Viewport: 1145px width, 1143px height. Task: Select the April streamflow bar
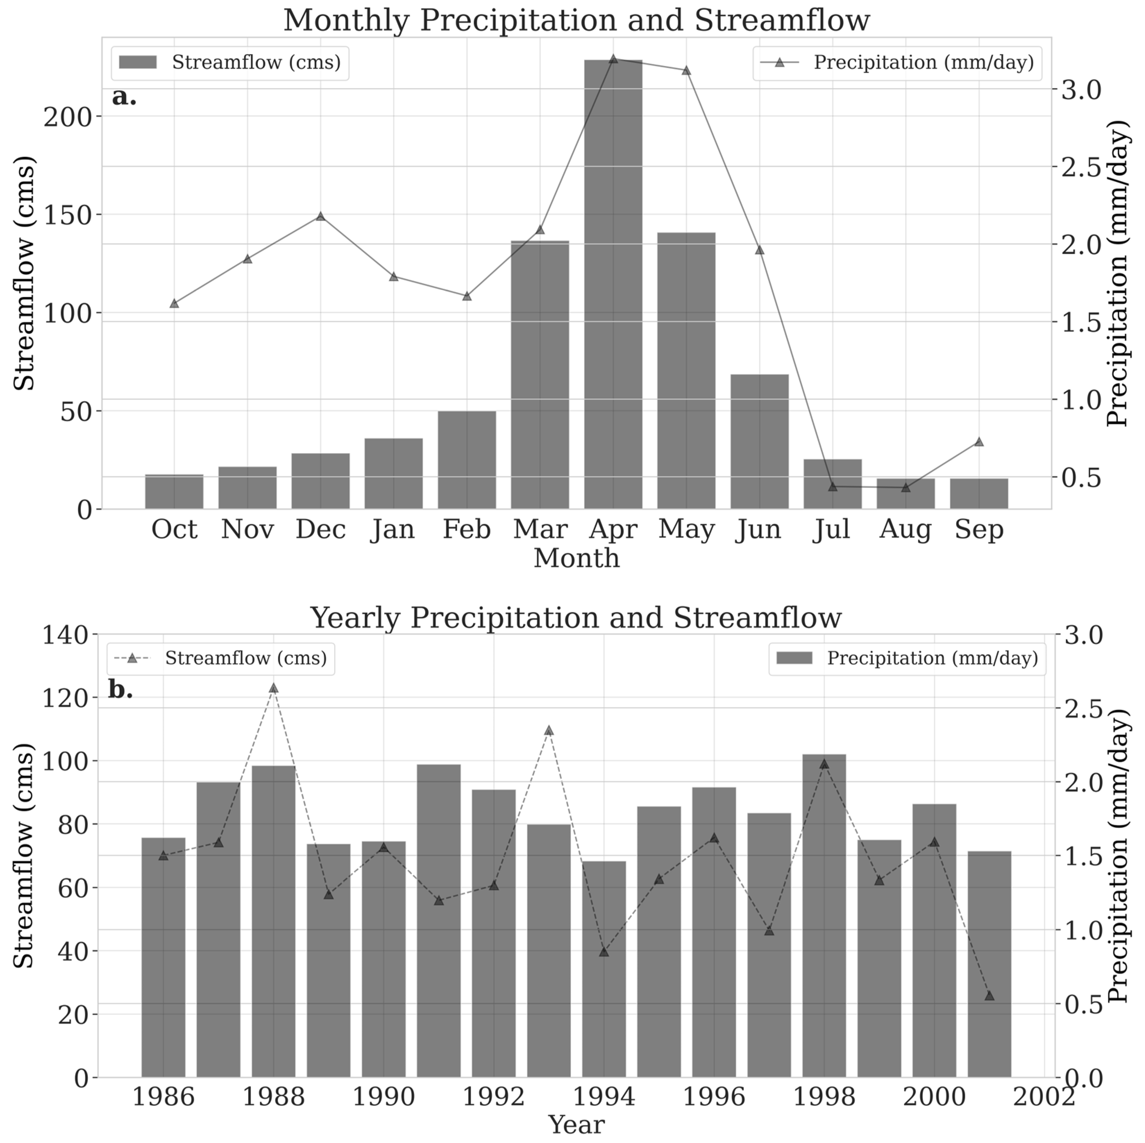(613, 284)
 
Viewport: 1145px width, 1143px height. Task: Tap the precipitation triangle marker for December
(321, 216)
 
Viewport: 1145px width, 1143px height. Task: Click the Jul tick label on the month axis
(832, 529)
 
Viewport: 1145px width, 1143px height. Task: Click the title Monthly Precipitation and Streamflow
(576, 20)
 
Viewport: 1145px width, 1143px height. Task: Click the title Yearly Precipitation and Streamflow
(576, 618)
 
